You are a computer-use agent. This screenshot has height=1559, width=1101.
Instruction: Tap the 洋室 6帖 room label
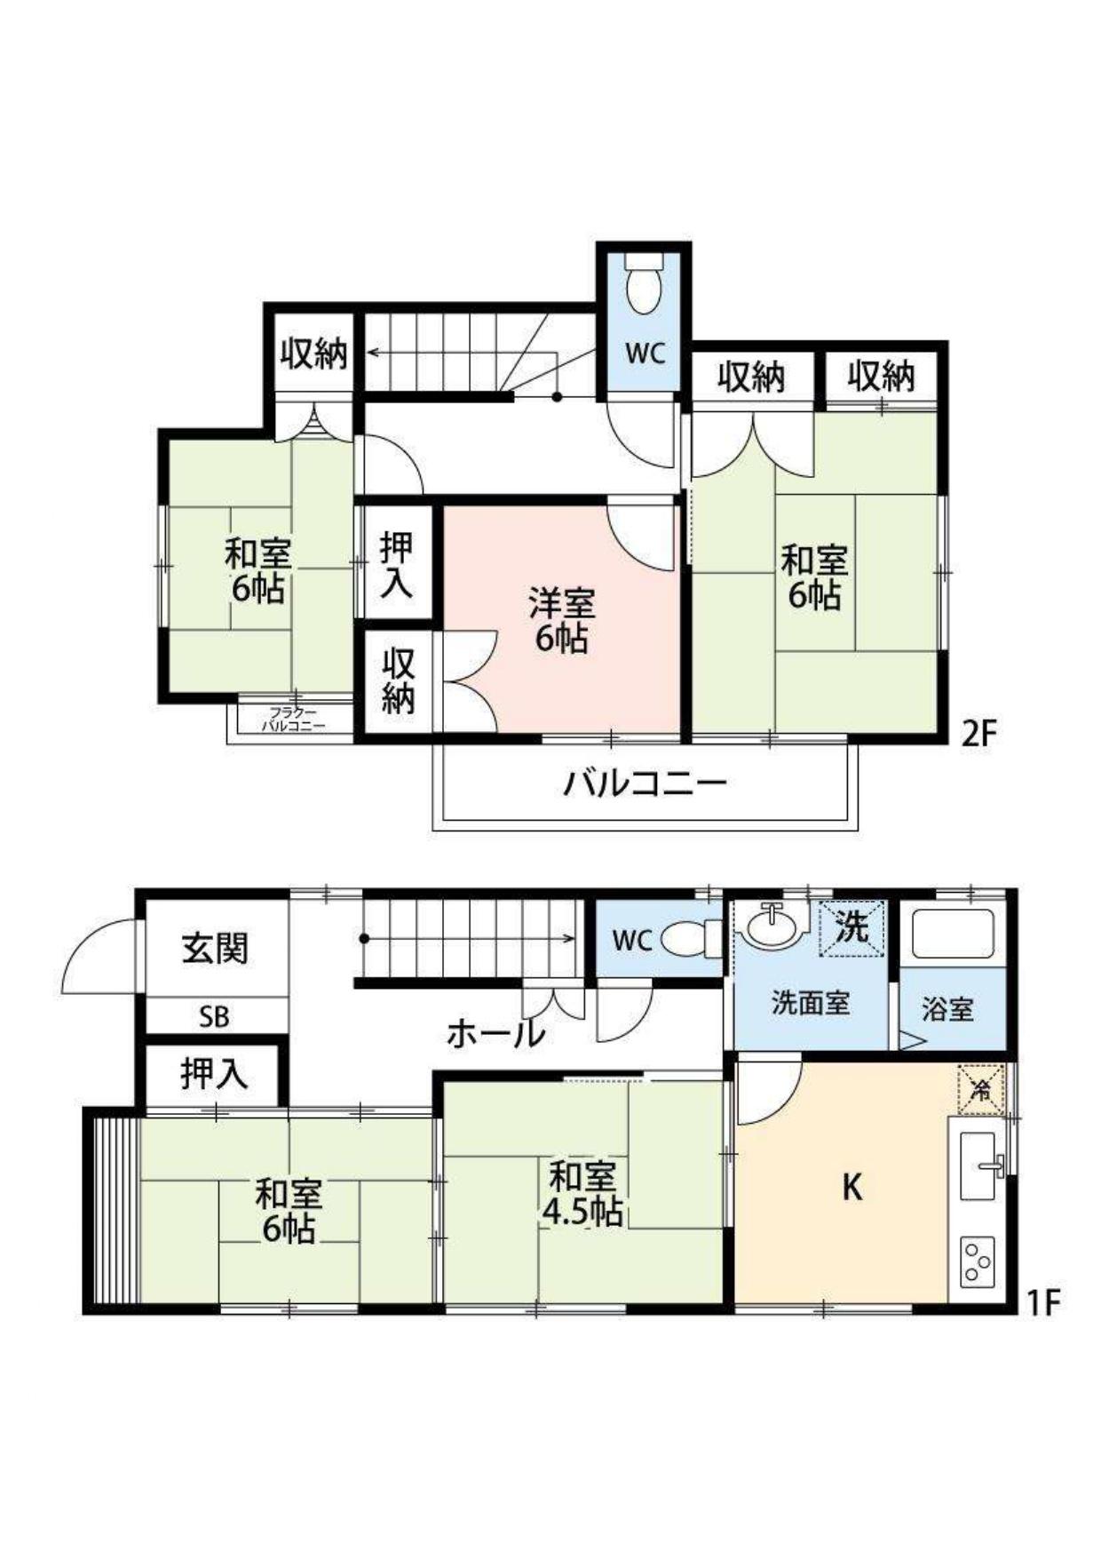point(561,621)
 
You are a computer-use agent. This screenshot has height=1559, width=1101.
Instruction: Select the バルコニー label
point(646,783)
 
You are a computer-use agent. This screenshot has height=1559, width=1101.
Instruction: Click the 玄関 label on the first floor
point(216,949)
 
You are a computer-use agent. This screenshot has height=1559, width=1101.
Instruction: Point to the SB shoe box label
point(214,1017)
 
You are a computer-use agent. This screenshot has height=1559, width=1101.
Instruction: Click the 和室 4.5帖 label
point(582,1194)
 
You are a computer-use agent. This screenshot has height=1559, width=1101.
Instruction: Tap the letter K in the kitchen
point(851,1187)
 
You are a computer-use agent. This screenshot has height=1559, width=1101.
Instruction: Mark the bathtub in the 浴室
point(953,934)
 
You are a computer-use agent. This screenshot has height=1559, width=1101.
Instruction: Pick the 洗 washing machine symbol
point(852,928)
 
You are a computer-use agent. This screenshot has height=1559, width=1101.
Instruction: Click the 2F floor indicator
point(980,734)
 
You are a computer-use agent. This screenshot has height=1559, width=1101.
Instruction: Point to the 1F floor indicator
point(1044,1302)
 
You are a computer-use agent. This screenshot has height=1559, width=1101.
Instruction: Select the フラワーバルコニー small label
point(293,719)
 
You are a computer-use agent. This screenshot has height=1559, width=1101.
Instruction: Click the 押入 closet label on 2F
point(396,565)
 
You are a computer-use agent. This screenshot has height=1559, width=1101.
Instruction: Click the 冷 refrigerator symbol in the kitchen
point(981,1088)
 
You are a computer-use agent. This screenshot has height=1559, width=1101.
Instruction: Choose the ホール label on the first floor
point(495,1033)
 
